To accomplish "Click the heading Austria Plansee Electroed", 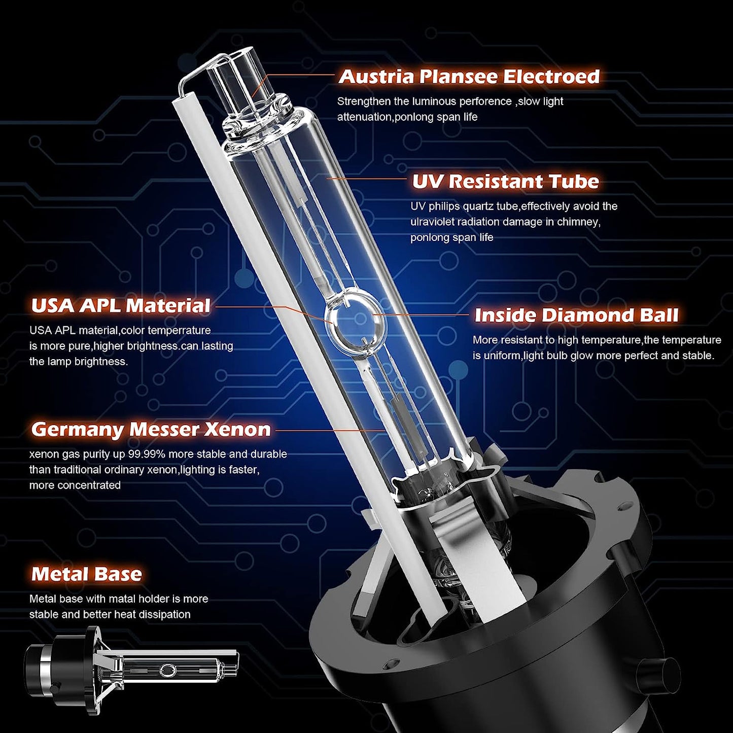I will coord(469,77).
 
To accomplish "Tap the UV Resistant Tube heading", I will coord(505,182).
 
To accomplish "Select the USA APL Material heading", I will coord(120,306).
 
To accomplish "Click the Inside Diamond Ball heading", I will coord(576,315).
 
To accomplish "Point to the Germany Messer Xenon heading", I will coord(151,430).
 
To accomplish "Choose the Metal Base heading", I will coord(86,574).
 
